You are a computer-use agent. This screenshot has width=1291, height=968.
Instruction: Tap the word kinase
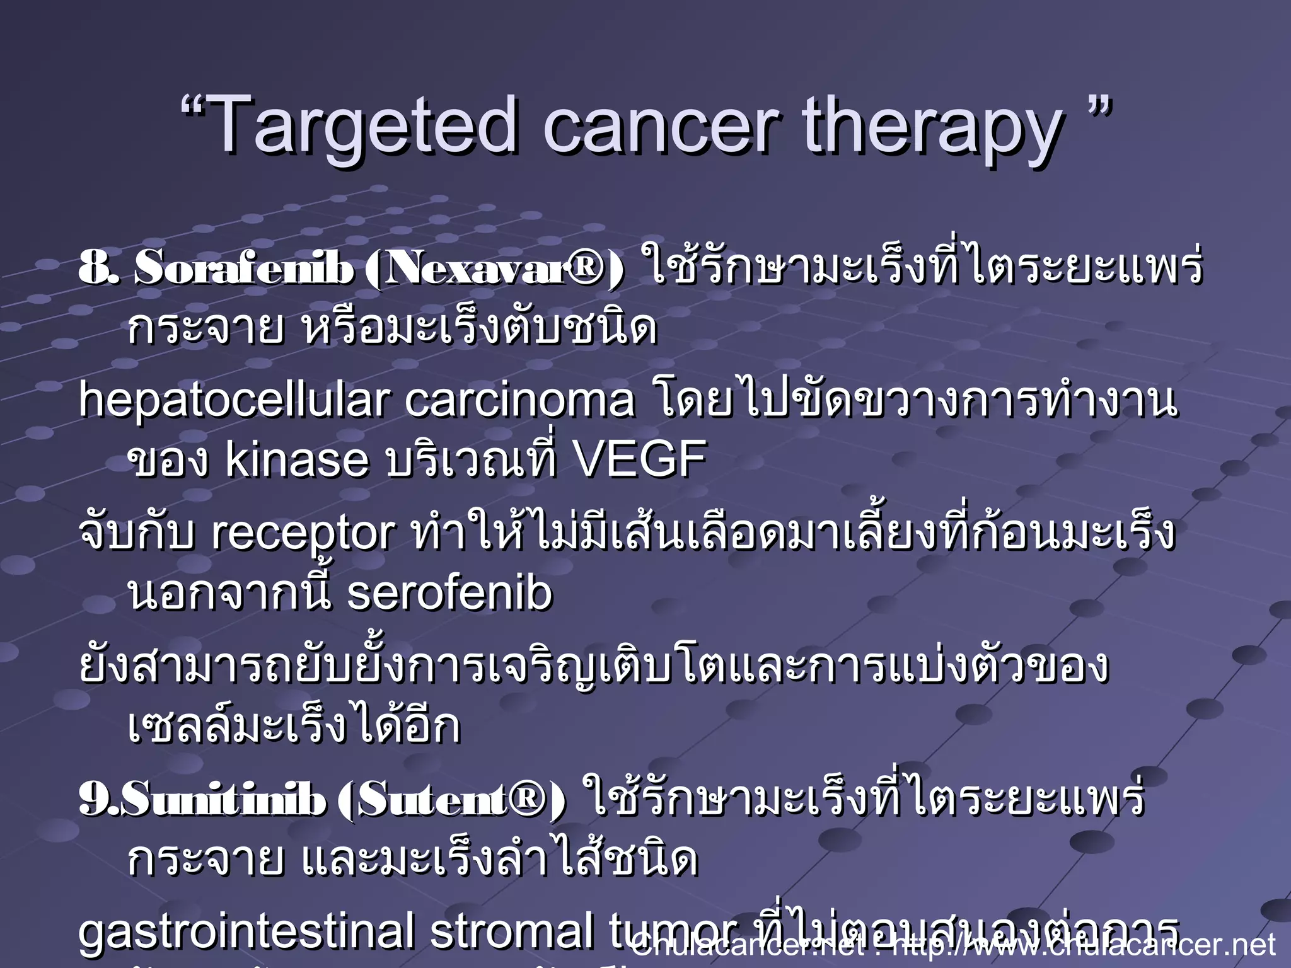tap(297, 459)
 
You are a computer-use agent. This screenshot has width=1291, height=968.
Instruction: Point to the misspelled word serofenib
tap(449, 594)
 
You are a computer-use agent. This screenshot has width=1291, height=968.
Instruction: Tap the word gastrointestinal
tap(246, 933)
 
